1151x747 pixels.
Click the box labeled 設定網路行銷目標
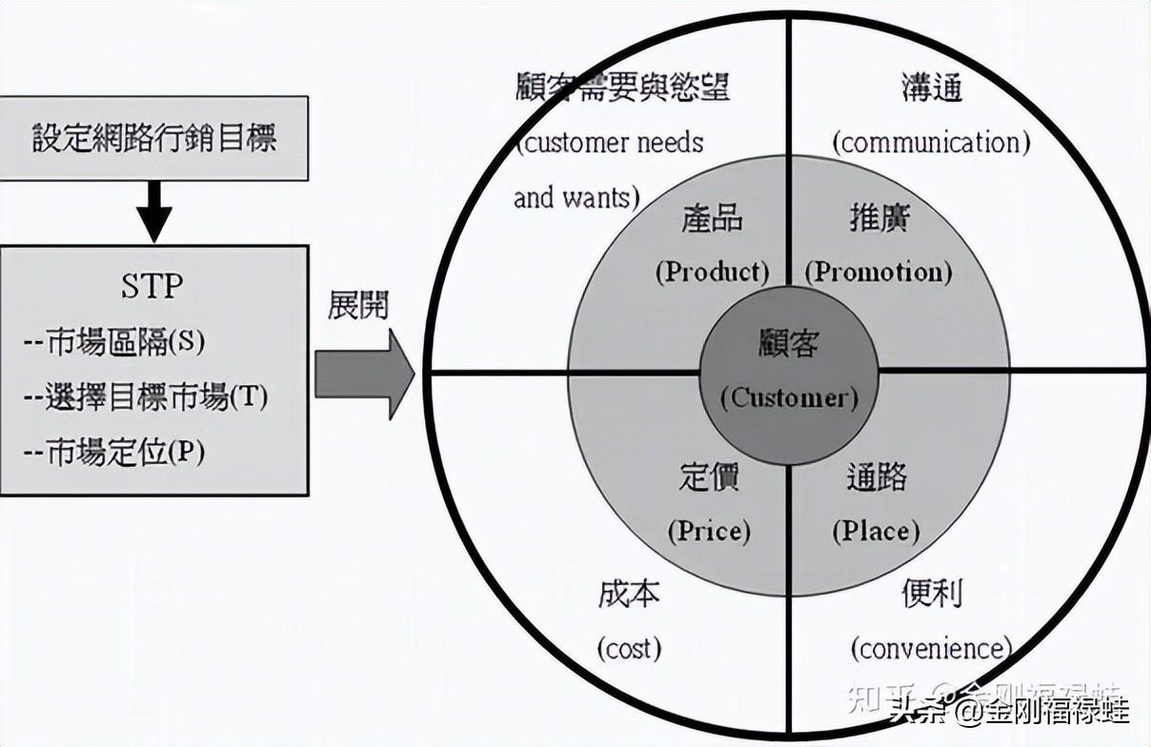point(153,139)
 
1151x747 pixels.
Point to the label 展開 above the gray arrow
point(357,306)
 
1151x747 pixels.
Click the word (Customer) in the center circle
point(789,397)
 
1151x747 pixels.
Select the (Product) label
point(712,272)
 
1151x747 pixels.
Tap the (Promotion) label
point(878,272)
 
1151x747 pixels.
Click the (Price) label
point(709,530)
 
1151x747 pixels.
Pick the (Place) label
point(876,530)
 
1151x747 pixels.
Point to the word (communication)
point(931,143)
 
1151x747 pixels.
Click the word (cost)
point(629,649)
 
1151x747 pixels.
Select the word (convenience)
point(931,649)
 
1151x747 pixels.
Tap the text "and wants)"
point(575,198)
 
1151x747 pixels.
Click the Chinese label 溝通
point(931,88)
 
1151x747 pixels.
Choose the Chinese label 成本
point(629,595)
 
